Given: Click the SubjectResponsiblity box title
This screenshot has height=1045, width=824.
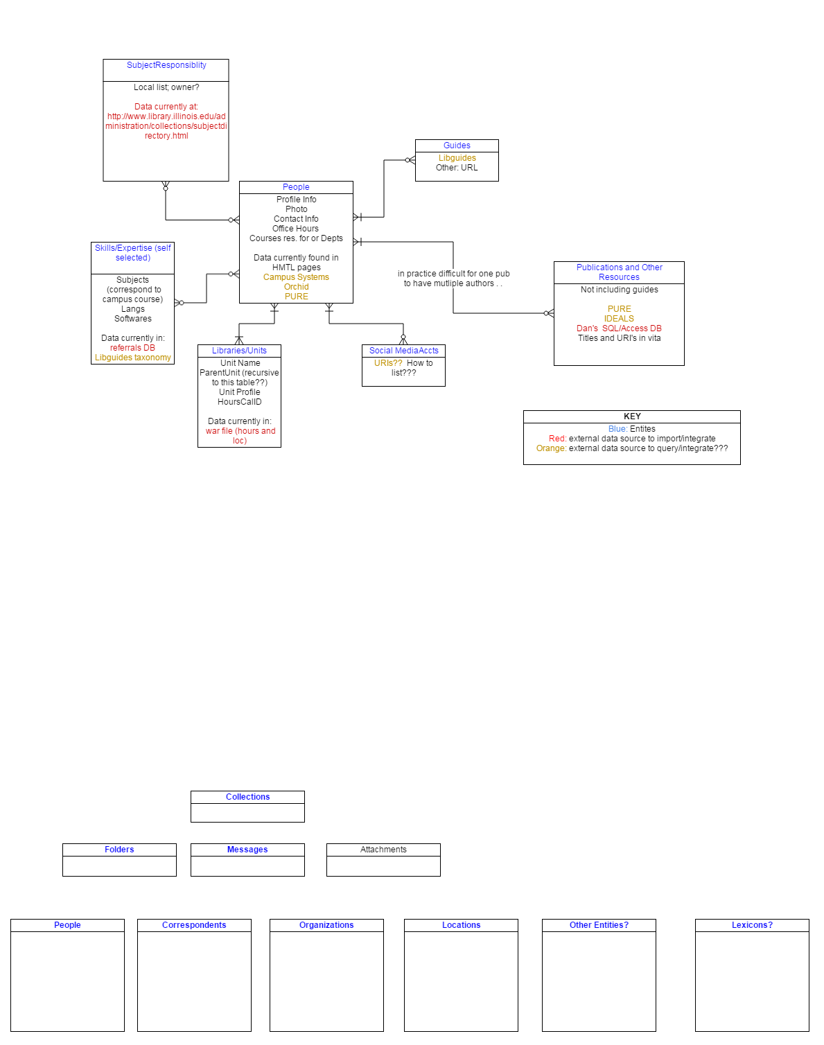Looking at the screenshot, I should [166, 65].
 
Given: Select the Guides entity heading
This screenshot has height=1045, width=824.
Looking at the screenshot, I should [457, 146].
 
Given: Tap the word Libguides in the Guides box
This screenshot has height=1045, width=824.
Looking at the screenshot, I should [457, 158].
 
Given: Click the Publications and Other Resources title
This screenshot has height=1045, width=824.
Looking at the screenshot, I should [619, 272].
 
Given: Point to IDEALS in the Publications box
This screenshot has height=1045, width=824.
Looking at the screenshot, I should [619, 319].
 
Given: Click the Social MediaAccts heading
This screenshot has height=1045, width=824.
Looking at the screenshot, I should [403, 351].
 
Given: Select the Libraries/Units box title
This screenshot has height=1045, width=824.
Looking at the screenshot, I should [239, 351].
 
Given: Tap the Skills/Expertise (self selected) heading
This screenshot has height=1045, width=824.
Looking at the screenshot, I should [132, 253].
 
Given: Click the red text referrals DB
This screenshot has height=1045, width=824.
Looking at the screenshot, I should [132, 348].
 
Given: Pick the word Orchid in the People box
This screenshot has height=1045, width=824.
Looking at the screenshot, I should [296, 287].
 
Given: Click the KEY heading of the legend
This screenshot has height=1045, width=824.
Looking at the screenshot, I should [632, 416].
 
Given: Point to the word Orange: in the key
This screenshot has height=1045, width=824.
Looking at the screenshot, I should [551, 448].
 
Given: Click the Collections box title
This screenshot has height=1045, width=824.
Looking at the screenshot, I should [247, 797].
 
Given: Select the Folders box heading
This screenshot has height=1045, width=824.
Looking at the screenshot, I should [119, 850].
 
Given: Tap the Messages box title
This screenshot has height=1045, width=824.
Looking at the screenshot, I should [247, 850].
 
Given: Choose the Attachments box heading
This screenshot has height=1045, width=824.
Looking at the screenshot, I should [383, 850].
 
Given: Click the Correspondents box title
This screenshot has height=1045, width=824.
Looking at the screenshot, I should [194, 925].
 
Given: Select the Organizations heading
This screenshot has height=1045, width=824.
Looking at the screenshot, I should [326, 925].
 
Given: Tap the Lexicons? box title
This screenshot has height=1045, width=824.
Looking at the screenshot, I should [752, 925].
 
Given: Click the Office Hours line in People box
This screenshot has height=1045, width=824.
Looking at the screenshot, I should [296, 229].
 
